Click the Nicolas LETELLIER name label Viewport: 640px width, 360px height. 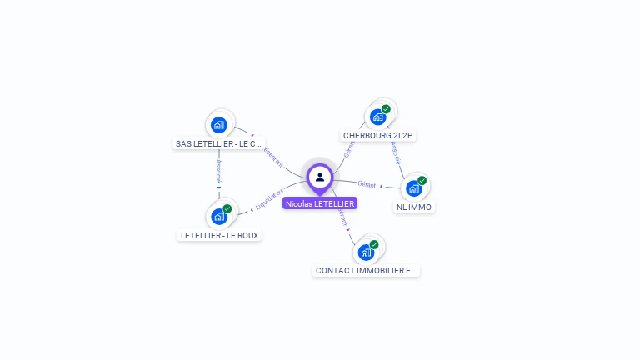coord(320,203)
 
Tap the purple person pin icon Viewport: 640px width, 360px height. coord(320,177)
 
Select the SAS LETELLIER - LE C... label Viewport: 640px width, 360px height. coord(219,143)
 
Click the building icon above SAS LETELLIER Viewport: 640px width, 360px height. coord(219,125)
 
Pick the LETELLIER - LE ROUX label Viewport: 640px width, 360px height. coord(221,235)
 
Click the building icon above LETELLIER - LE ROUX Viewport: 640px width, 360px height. coord(219,217)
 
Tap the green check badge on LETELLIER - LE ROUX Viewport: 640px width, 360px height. coord(227,208)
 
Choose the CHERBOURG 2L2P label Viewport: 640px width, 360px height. coord(378,135)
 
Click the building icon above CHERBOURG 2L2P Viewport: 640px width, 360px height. coord(377,117)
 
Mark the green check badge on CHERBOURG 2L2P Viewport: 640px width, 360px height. coord(386,109)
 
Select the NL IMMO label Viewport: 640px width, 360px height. coord(414,207)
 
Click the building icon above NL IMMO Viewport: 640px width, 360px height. coord(413,188)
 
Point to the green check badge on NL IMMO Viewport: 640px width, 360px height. coord(422,181)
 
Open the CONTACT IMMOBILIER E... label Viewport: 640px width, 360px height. coord(367,271)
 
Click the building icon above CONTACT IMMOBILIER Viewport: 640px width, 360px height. coord(366,252)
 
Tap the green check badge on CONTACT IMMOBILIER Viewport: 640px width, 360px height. coord(374,244)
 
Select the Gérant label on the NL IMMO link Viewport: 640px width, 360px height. coord(367,184)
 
